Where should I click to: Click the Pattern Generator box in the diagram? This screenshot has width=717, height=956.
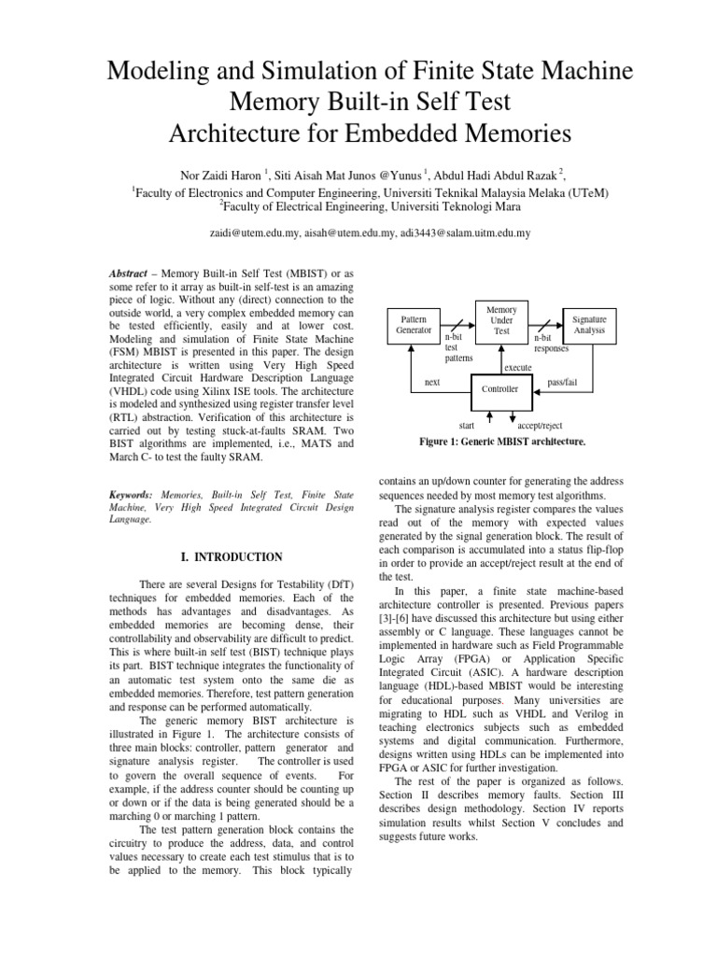pos(415,324)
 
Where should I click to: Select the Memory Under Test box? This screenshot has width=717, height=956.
pos(502,319)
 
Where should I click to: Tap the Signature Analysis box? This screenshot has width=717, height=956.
pos(589,324)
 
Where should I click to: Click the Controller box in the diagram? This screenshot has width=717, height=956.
pos(499,387)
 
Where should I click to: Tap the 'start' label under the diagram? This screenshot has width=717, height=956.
pos(455,425)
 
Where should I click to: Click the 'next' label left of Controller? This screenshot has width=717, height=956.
pos(432,382)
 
